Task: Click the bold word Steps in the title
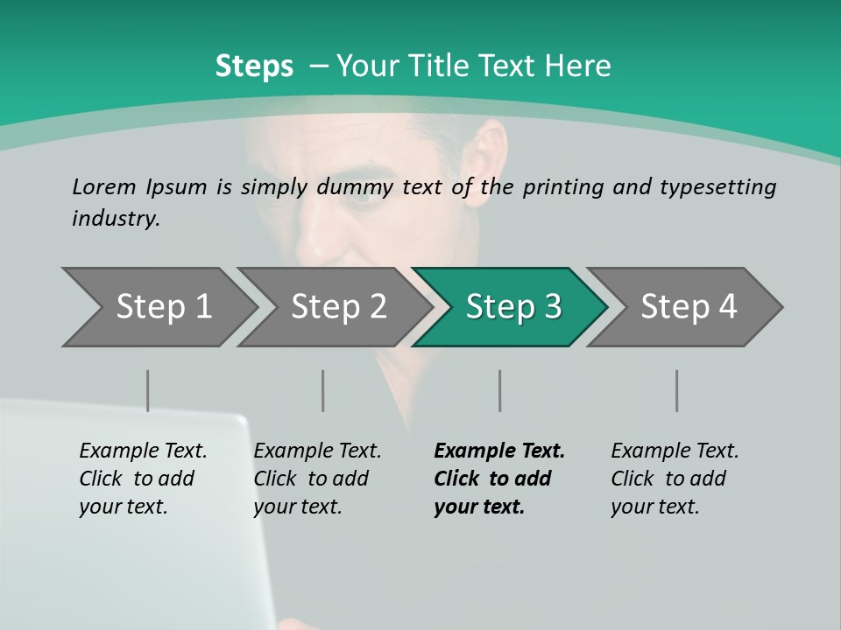[x=254, y=66]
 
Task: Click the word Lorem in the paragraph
[x=103, y=186]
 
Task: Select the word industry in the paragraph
[x=116, y=218]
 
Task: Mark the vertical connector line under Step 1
[x=148, y=390]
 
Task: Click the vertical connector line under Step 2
[x=323, y=390]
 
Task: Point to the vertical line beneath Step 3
[x=500, y=390]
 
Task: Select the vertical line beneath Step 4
[x=677, y=390]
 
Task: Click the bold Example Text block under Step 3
[x=499, y=479]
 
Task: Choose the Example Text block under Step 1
[x=143, y=479]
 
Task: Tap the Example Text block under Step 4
[x=675, y=479]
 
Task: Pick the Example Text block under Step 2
[x=317, y=479]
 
